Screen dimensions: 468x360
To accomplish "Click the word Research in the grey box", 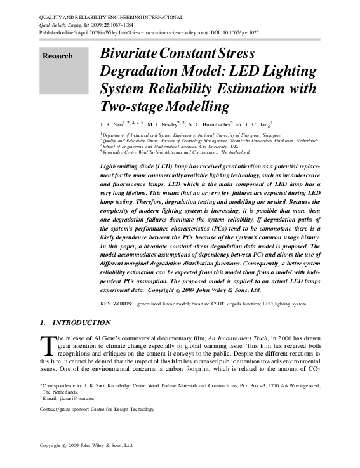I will coord(57,56).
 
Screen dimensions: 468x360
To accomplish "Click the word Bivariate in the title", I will coord(131,53).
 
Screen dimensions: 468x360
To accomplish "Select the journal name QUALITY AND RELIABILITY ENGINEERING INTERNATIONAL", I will coord(112,17).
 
